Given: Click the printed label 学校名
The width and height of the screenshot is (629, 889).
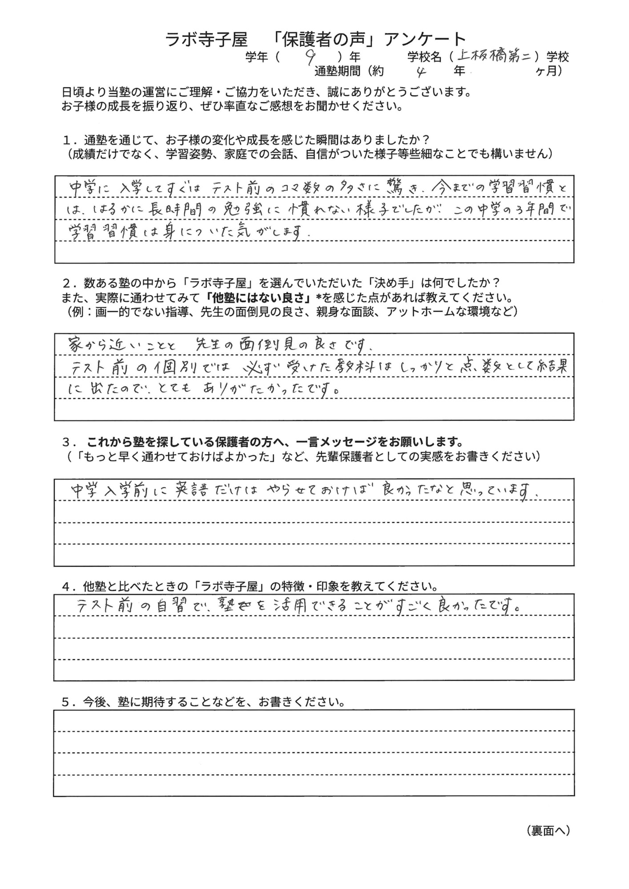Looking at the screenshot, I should click(x=424, y=57).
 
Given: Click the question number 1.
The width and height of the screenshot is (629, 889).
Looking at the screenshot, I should click(x=67, y=140).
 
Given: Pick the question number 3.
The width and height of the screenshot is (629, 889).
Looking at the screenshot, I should click(x=67, y=443).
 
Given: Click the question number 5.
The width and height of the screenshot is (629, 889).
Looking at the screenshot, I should click(x=67, y=702).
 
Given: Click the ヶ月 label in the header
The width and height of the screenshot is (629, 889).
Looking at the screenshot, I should click(x=546, y=71).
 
